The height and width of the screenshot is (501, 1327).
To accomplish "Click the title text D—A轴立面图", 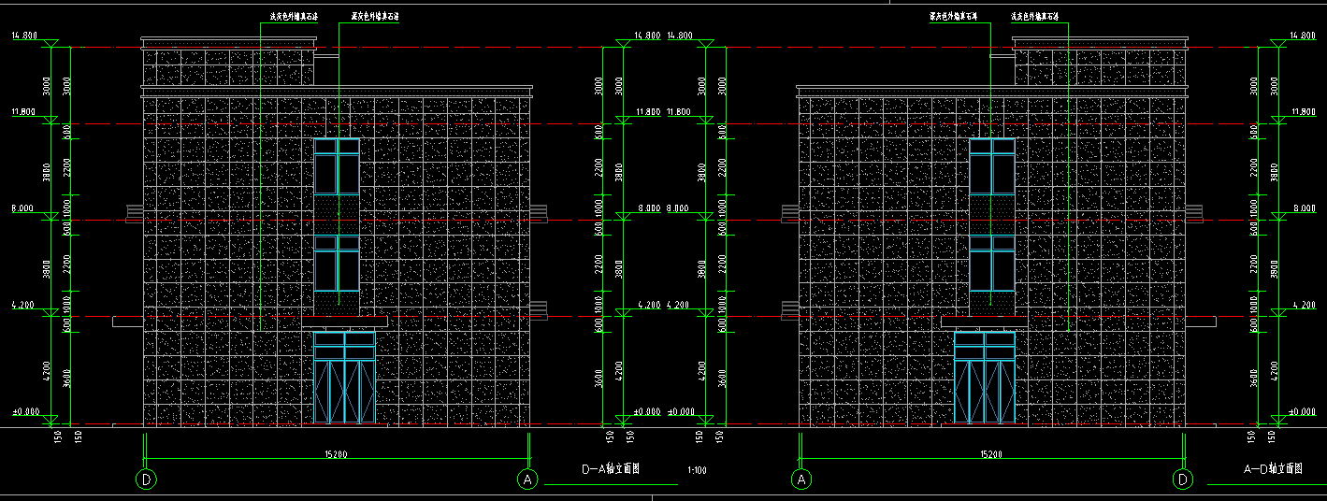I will [x=611, y=469].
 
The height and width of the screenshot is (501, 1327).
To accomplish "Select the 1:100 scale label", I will [x=697, y=470].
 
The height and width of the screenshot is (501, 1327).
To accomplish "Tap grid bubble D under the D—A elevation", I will [x=147, y=480].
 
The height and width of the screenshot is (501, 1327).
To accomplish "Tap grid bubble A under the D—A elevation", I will [x=528, y=480].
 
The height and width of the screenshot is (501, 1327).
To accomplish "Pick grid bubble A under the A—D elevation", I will [x=801, y=480].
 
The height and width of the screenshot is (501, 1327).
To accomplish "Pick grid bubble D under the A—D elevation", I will [x=1183, y=480].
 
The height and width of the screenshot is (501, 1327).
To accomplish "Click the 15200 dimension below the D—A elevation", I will [x=337, y=454].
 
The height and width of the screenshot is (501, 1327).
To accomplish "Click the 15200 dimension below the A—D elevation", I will [x=991, y=454].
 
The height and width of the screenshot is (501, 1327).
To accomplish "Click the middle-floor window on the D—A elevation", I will [x=337, y=264].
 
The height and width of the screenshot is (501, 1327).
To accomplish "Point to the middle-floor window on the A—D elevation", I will [x=992, y=264].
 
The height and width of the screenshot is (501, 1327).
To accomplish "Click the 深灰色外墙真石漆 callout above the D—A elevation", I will [x=375, y=16].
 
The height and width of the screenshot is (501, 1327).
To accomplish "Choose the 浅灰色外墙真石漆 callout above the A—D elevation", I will [x=1034, y=16].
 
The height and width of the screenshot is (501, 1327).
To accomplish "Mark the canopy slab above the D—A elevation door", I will [x=344, y=322].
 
